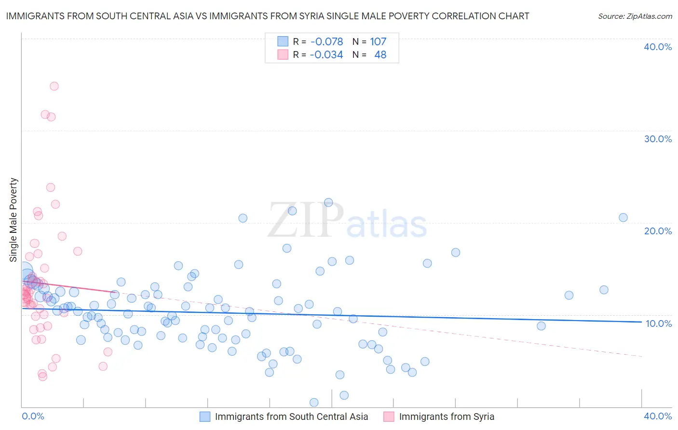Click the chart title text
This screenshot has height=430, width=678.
click(268, 16)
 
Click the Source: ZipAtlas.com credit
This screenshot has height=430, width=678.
click(635, 16)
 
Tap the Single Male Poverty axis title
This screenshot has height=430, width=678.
click(14, 220)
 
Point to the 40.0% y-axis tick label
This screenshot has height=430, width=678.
click(658, 47)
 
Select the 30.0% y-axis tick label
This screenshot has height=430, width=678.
click(658, 139)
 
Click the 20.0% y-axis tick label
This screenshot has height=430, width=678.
click(658, 231)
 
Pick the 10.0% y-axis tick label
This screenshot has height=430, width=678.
click(658, 323)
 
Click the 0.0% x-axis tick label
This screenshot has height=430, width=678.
click(33, 416)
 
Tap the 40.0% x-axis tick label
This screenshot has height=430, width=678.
click(658, 416)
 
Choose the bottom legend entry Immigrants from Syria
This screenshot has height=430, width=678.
click(447, 417)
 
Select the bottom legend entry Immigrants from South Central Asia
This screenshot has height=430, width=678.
click(291, 417)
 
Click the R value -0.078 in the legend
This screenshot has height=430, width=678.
click(326, 41)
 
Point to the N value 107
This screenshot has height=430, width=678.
click(378, 41)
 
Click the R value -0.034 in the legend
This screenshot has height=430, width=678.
click(326, 55)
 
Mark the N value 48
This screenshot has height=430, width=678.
click(380, 55)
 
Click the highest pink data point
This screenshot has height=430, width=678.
click(54, 86)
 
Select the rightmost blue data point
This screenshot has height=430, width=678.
click(623, 217)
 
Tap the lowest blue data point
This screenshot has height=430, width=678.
click(314, 403)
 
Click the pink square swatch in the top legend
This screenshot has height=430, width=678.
click(283, 55)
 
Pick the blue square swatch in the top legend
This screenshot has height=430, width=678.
click(283, 41)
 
